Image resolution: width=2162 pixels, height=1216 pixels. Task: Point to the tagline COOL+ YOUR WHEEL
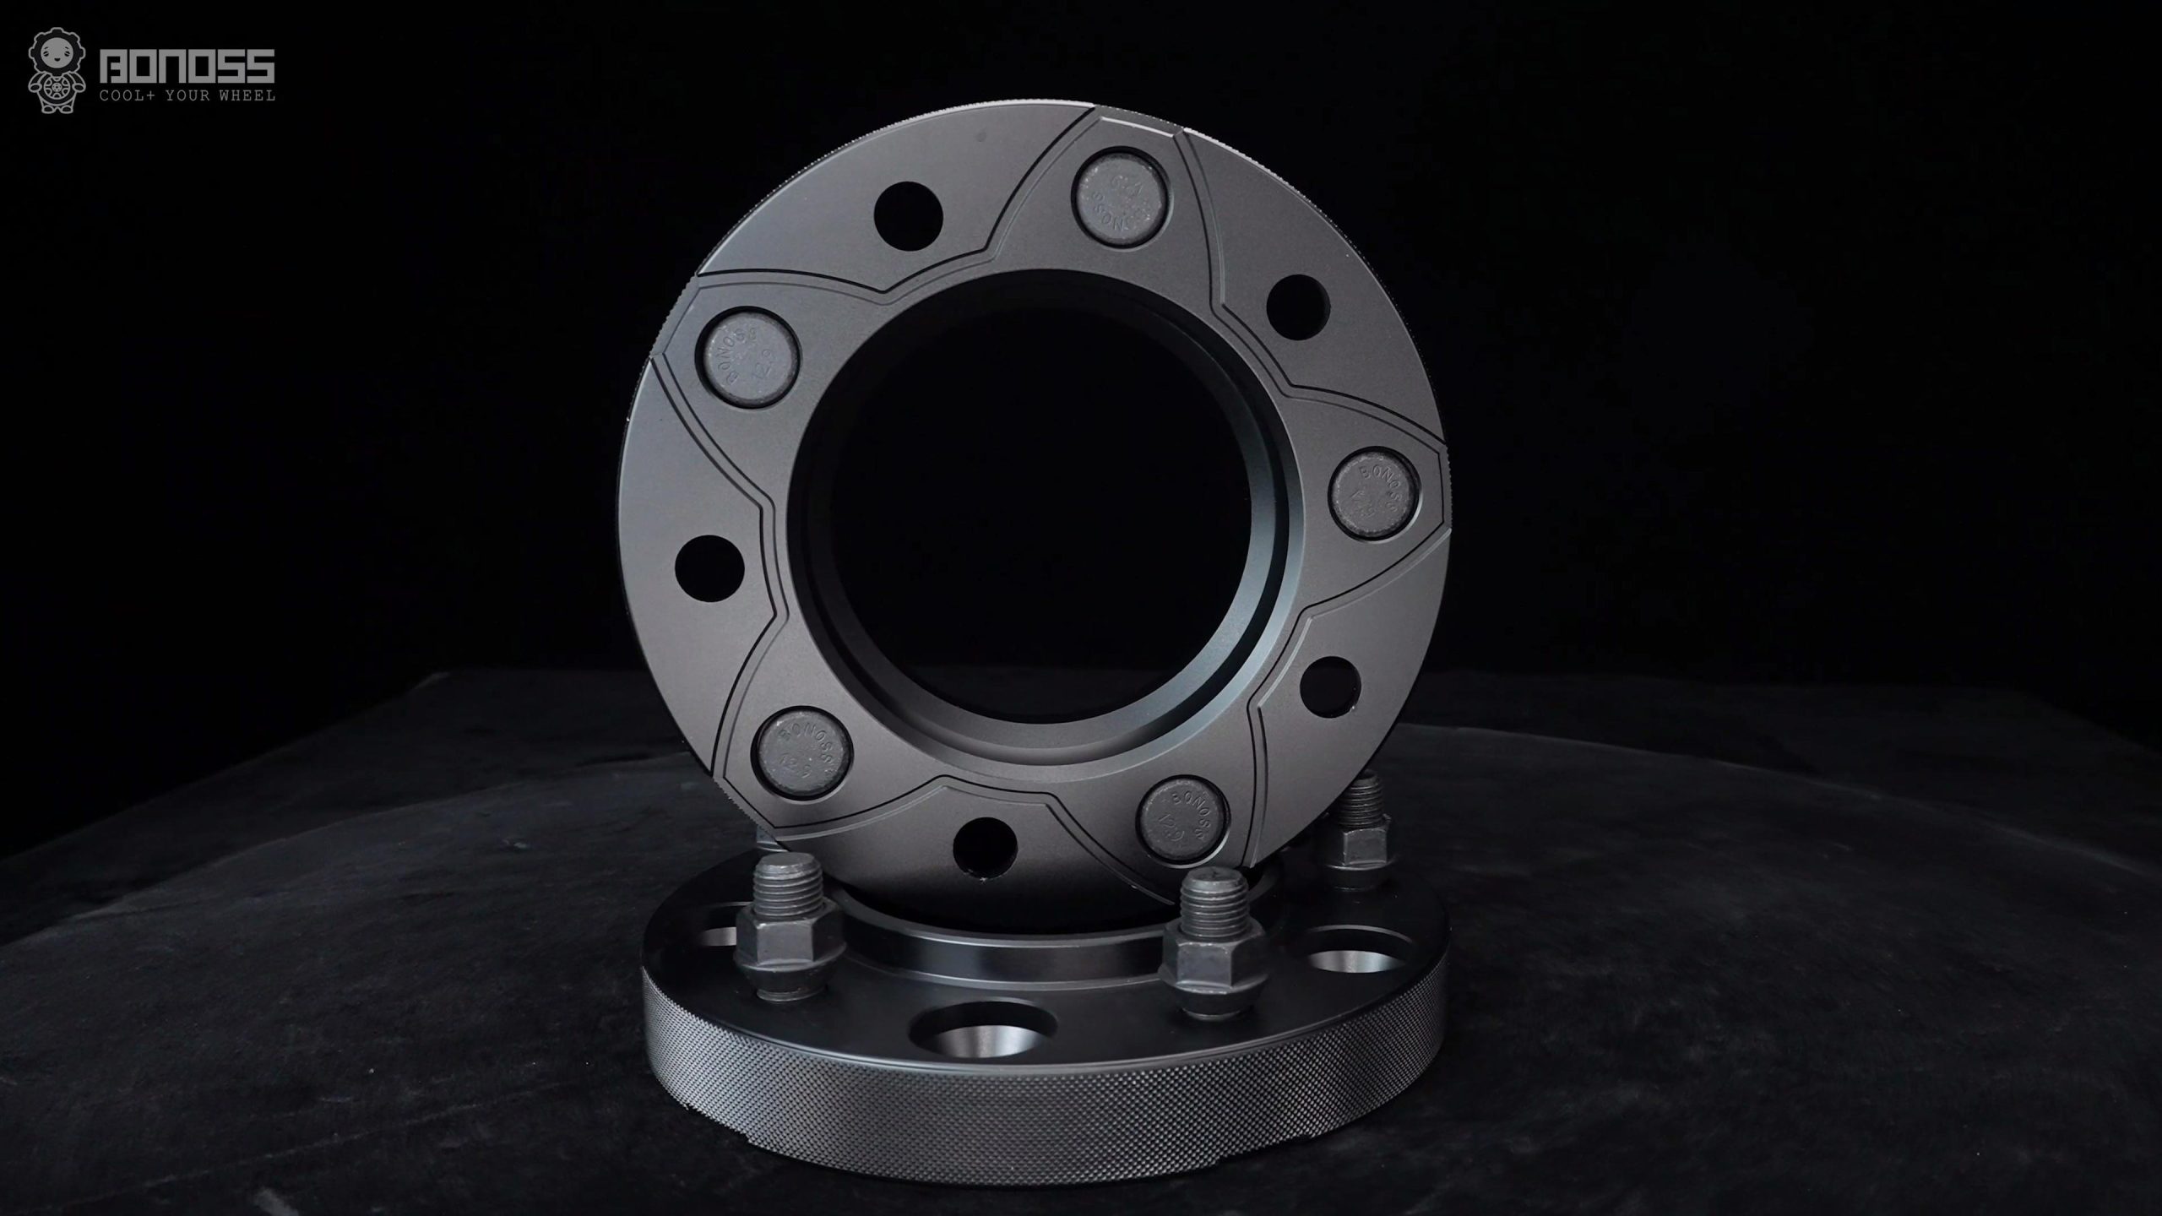[187, 96]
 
